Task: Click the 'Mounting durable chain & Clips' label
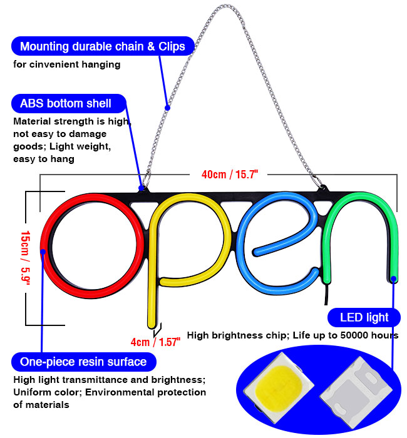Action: pyautogui.click(x=103, y=46)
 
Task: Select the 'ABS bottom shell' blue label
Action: pyautogui.click(x=66, y=103)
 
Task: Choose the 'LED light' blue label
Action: pyautogui.click(x=364, y=317)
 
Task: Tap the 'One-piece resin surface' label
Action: pyautogui.click(x=83, y=362)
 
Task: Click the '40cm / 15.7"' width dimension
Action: pyautogui.click(x=221, y=175)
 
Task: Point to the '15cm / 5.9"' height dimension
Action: pyautogui.click(x=25, y=257)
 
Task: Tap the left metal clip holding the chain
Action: pyautogui.click(x=143, y=184)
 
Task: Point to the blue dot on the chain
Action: pyautogui.click(x=167, y=108)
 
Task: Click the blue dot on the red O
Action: pyautogui.click(x=43, y=252)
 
